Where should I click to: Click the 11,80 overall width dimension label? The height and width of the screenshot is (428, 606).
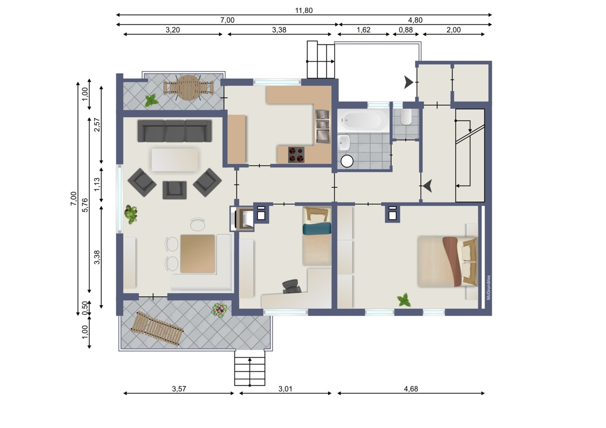[304, 10]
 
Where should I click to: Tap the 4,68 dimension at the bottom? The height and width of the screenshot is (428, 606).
[411, 388]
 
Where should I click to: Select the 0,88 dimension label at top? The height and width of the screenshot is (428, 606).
[406, 30]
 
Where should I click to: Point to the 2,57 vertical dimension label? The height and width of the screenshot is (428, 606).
[97, 125]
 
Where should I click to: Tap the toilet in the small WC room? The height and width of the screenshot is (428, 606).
[406, 117]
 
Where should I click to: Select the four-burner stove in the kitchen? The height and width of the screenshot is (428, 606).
[297, 155]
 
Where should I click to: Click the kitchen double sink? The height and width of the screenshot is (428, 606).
[322, 126]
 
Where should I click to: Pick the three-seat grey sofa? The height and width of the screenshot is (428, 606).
[175, 131]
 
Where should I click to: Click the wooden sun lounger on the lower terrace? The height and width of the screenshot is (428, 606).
[157, 328]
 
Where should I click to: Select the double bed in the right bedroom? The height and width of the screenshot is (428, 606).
[448, 262]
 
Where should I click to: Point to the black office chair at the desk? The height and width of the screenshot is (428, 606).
[291, 286]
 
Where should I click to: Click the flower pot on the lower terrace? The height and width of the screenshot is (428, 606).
[219, 310]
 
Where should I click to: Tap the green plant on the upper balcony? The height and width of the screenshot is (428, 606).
[151, 101]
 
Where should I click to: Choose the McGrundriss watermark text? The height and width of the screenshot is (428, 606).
[489, 287]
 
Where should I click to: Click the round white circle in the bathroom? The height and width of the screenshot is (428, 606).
[347, 161]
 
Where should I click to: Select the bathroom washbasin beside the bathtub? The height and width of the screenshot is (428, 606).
[344, 143]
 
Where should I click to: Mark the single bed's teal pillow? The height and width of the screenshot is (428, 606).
[317, 228]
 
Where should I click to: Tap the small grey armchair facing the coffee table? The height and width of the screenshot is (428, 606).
[175, 190]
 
